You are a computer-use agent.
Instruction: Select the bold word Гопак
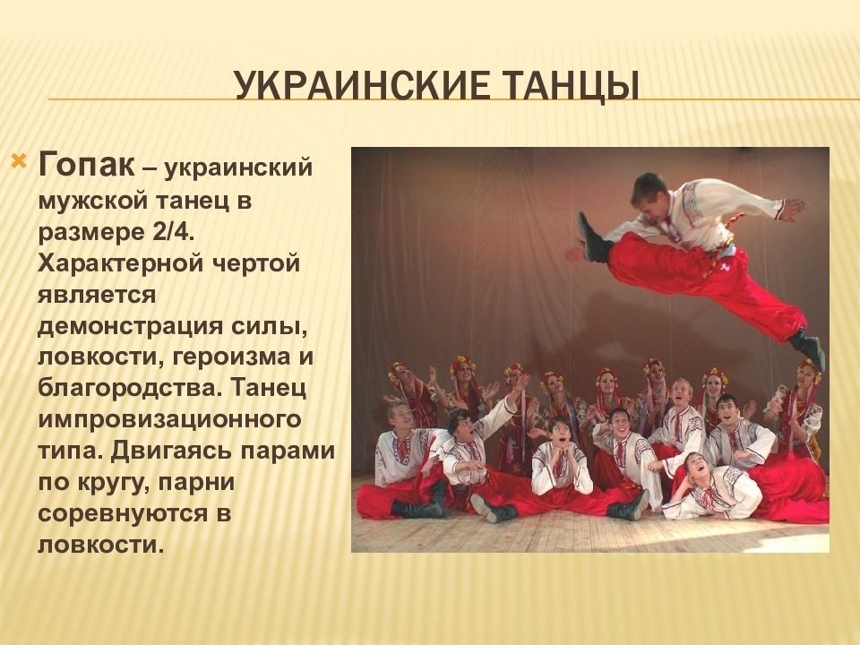click(x=86, y=165)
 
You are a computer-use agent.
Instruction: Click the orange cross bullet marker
click(x=19, y=162)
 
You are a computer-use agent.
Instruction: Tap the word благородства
click(x=129, y=388)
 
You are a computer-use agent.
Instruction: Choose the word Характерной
click(x=124, y=263)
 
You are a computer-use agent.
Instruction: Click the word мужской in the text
click(x=93, y=201)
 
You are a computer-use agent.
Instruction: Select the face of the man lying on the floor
click(x=695, y=468)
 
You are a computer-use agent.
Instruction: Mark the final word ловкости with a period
click(x=101, y=545)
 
